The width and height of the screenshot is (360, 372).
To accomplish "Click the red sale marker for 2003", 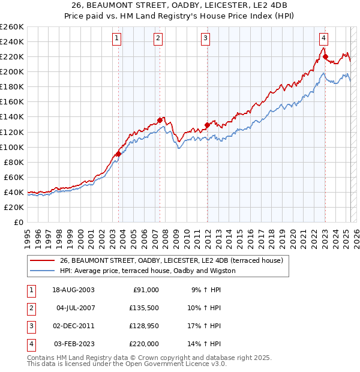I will coord(118,154).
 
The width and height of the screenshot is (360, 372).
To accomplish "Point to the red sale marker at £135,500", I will coord(160,120).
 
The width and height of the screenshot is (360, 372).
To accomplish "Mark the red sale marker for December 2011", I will coord(207,125).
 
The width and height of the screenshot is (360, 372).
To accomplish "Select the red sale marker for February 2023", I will coord(325,57).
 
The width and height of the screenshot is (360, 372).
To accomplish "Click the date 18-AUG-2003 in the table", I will coord(74,290).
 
